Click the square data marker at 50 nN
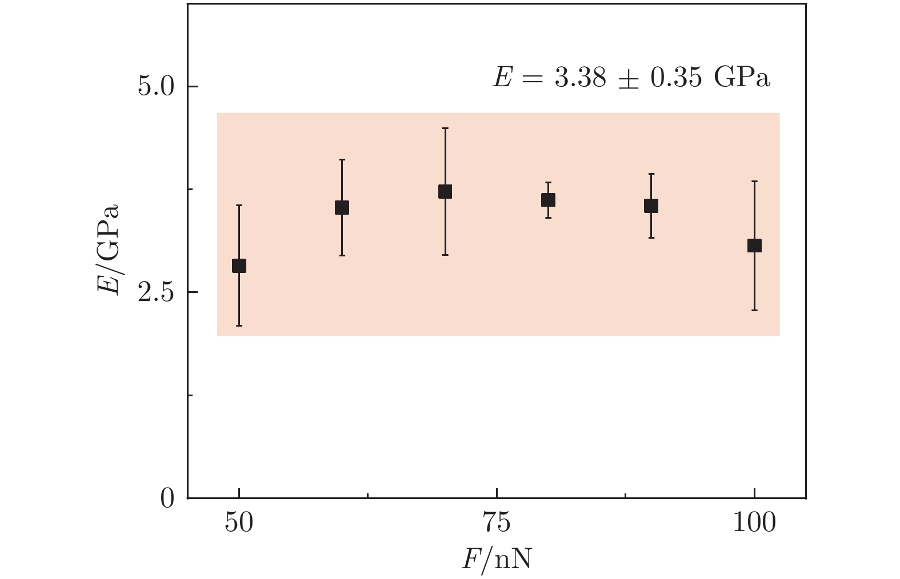(239, 266)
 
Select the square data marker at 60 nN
(342, 207)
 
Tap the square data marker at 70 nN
(445, 191)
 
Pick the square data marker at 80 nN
(548, 200)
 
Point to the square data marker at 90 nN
(651, 206)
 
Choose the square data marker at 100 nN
(754, 246)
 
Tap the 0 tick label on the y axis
(167, 498)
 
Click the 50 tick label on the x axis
(239, 523)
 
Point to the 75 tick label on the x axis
(497, 523)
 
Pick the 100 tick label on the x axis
(754, 523)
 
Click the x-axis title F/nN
(497, 560)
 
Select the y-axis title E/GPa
(107, 248)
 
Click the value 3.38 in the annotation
(580, 78)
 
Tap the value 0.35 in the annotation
(676, 78)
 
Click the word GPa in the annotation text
(742, 78)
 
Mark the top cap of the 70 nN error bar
(445, 128)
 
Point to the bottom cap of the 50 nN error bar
(239, 325)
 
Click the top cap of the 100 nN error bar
(754, 181)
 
